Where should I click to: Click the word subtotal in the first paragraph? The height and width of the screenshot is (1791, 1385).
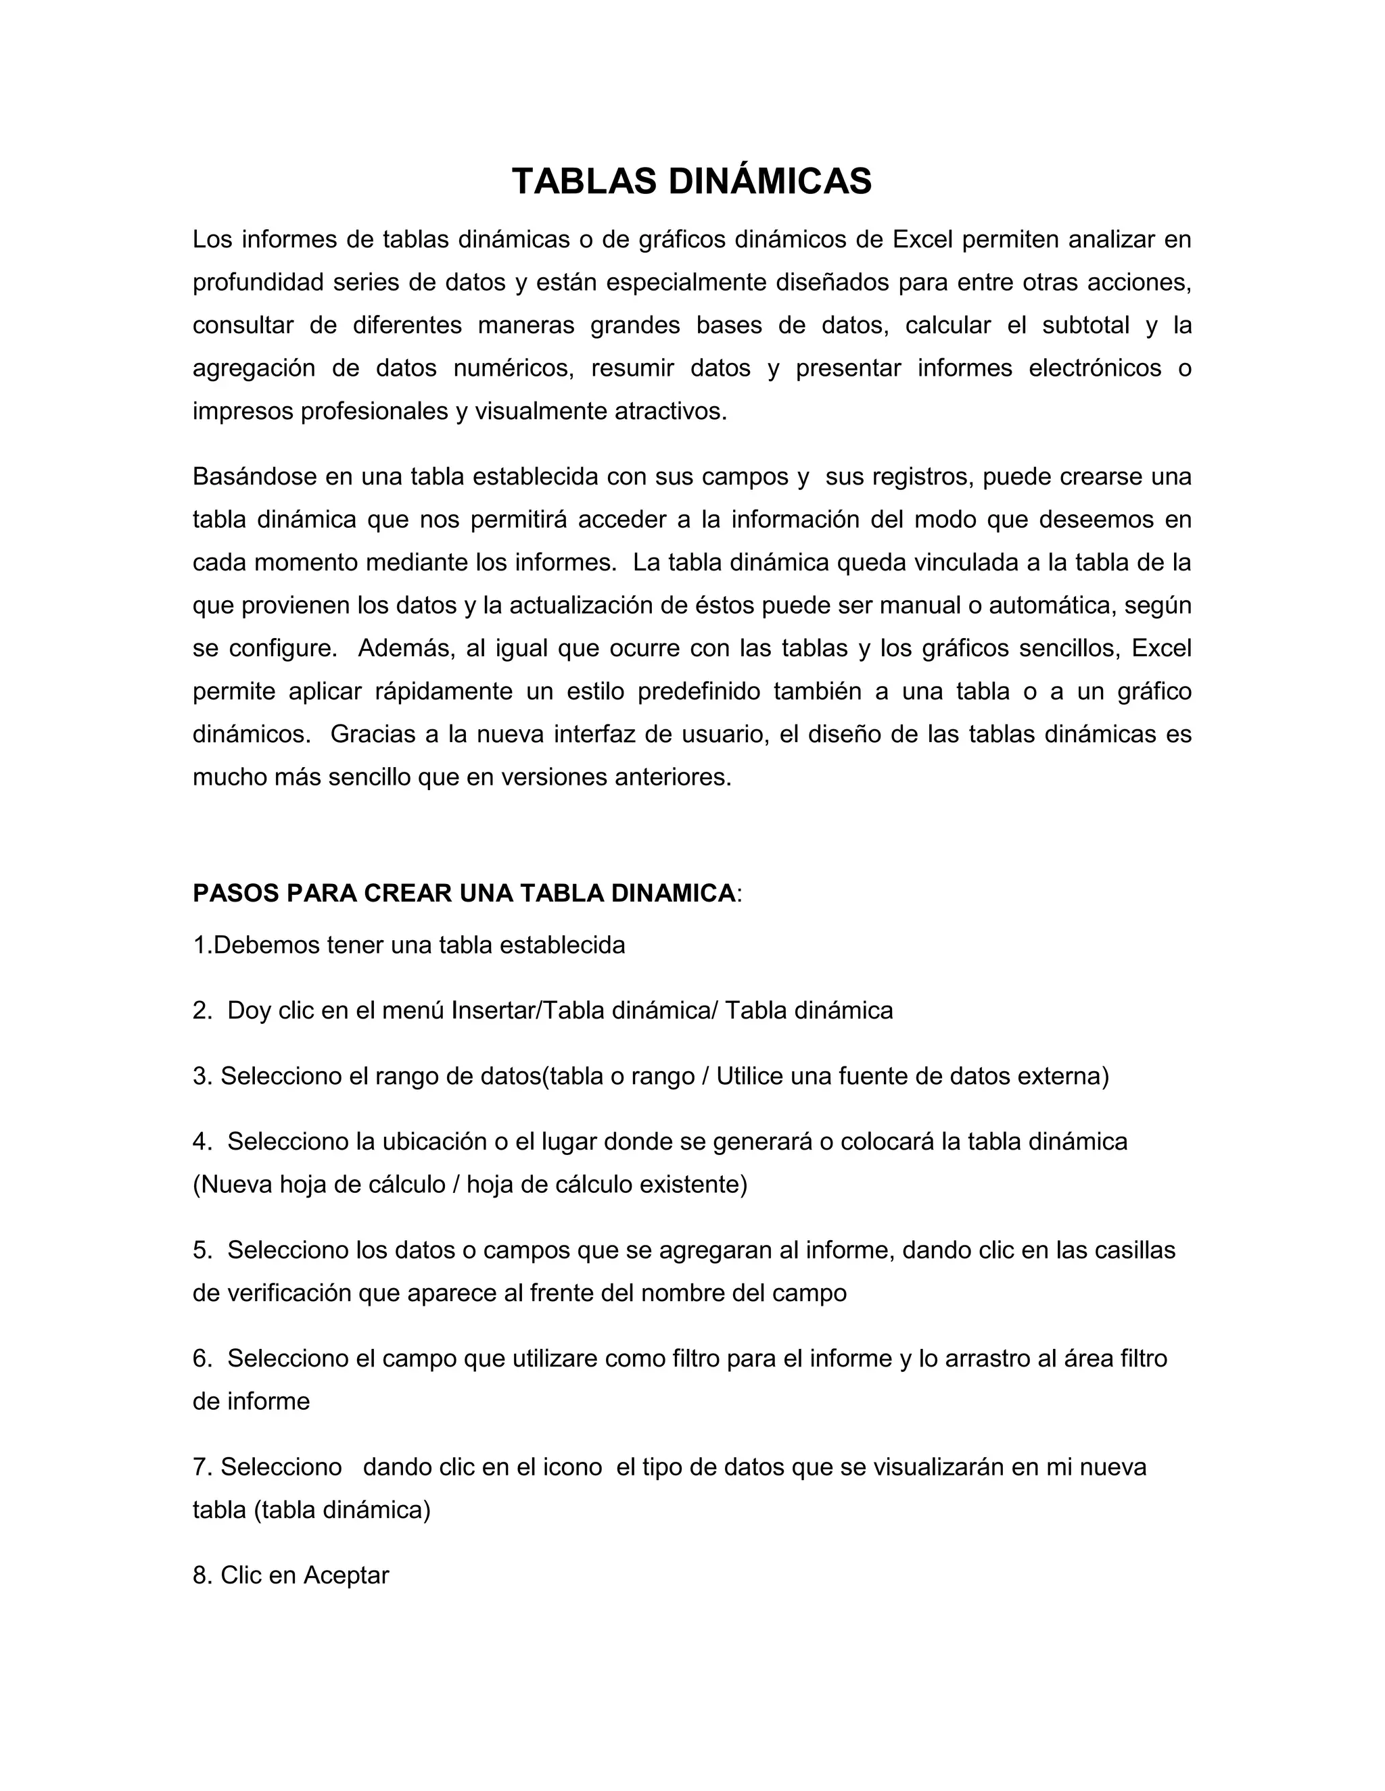(1085, 326)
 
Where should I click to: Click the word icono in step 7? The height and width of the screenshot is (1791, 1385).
(573, 1467)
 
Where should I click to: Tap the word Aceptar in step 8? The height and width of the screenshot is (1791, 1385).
(346, 1575)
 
